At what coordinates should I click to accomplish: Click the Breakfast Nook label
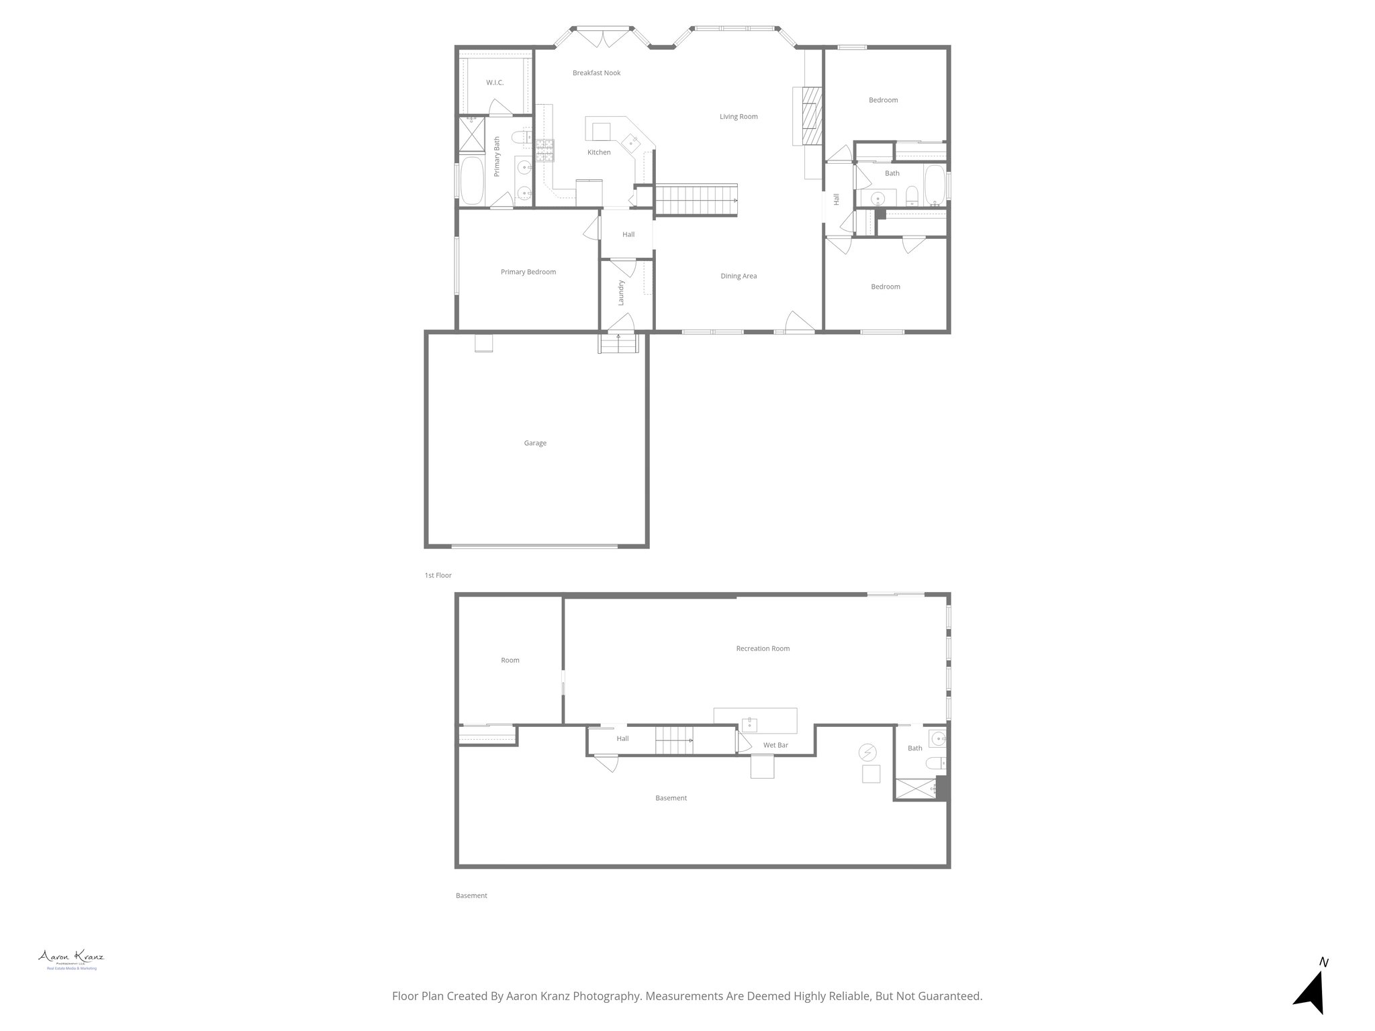point(596,73)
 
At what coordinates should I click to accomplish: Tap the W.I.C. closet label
point(495,83)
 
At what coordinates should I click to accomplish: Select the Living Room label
point(739,117)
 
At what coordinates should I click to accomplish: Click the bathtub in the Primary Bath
point(472,181)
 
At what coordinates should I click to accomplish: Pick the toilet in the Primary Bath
point(519,138)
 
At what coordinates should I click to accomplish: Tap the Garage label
point(535,443)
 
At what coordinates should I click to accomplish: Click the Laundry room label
point(621,293)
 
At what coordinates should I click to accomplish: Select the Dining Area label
point(739,276)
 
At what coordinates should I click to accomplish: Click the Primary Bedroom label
point(528,272)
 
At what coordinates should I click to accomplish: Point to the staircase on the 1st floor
point(696,200)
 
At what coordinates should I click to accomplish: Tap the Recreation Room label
point(763,648)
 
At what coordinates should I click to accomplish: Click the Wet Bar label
point(775,745)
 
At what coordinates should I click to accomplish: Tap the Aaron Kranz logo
point(70,958)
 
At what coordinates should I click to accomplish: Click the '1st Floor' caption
point(438,575)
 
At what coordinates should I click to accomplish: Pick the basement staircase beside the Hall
point(674,740)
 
